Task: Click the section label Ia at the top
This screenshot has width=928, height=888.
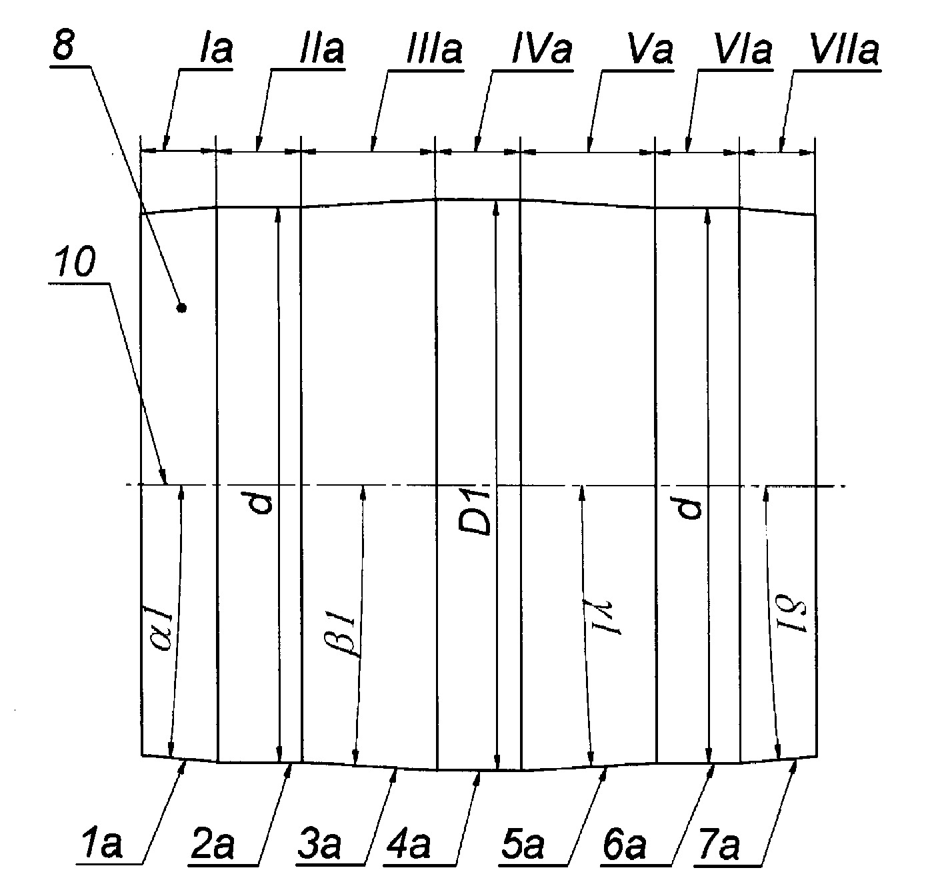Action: [x=216, y=49]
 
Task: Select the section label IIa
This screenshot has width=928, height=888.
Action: [x=321, y=49]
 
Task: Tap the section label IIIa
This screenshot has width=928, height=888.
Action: [x=434, y=49]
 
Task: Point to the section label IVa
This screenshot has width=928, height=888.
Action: [x=541, y=49]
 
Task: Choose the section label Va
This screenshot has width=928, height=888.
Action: [x=651, y=49]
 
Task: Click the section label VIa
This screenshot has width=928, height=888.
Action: [x=743, y=49]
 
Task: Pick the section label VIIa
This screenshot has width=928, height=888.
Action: [x=844, y=49]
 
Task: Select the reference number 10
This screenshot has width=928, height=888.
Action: [x=75, y=262]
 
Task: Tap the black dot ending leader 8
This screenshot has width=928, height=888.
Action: [x=181, y=308]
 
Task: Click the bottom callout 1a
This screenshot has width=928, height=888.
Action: [x=101, y=843]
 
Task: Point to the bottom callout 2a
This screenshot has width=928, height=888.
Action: [x=213, y=843]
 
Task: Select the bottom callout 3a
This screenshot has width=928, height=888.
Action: [x=319, y=843]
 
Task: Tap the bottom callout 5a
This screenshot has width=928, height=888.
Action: [x=523, y=843]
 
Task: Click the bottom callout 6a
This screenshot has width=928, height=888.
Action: [x=625, y=843]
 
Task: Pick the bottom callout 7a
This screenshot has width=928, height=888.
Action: [x=719, y=843]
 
